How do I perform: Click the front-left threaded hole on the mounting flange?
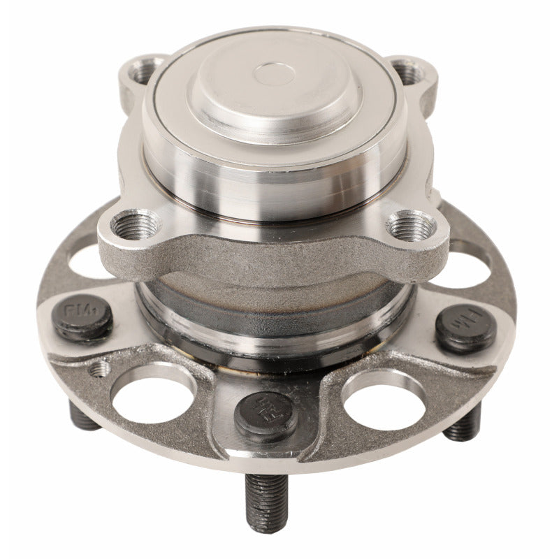pyautogui.click(x=131, y=225)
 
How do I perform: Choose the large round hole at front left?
pyautogui.click(x=152, y=395)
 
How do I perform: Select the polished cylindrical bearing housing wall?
pyautogui.click(x=273, y=189)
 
